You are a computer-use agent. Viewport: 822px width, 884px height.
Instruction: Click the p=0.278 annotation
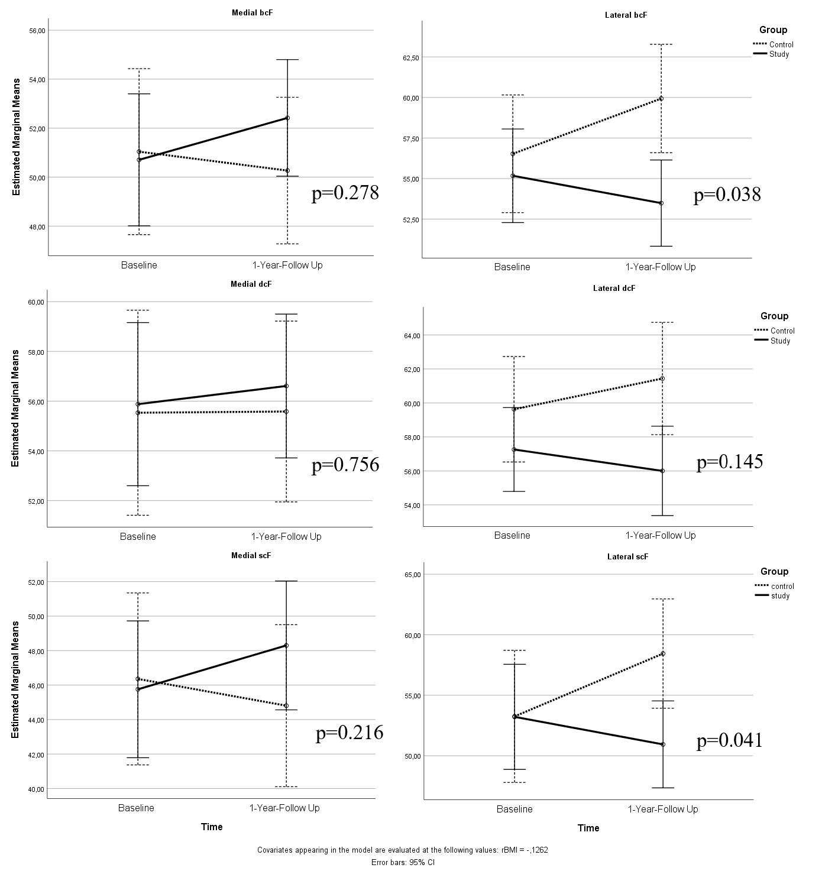345,193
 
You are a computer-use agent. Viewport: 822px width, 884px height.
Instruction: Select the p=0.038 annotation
727,195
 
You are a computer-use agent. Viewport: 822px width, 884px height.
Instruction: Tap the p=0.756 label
345,465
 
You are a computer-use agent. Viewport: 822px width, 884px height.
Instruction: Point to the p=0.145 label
730,462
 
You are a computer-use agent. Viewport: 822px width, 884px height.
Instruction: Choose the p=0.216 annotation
349,733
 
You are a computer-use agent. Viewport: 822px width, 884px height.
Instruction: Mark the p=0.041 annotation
730,740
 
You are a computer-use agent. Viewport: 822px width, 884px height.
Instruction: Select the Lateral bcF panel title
627,15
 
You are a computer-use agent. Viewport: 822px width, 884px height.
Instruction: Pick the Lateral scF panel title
628,556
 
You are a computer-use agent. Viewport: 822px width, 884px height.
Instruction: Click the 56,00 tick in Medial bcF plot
37,30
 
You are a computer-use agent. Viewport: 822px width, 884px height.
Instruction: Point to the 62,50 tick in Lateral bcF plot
410,57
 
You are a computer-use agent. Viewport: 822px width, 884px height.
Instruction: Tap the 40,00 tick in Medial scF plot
37,789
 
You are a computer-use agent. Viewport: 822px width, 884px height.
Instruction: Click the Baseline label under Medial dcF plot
138,536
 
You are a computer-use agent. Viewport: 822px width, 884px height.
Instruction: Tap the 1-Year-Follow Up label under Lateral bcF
661,267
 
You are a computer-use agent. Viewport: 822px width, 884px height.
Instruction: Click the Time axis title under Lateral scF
588,828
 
